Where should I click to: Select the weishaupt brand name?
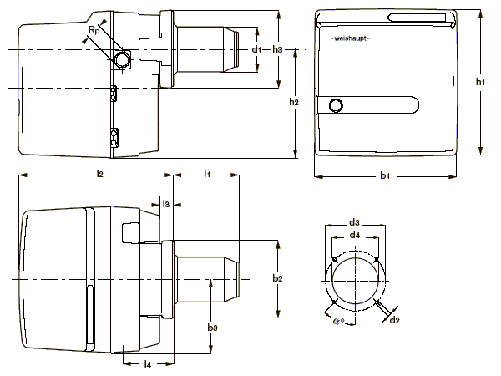tap(351, 38)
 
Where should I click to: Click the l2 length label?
tap(99, 173)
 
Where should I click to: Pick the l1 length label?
tap(206, 173)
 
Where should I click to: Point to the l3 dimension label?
tap(166, 203)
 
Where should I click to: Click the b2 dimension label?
tap(280, 277)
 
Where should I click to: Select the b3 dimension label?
tap(213, 326)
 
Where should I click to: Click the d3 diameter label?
tap(354, 222)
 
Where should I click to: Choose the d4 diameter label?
tap(355, 236)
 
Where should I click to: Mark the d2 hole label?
tap(395, 319)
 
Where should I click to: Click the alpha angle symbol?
tap(337, 318)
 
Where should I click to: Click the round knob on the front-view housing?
tap(337, 105)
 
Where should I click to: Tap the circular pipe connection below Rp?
tap(124, 59)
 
